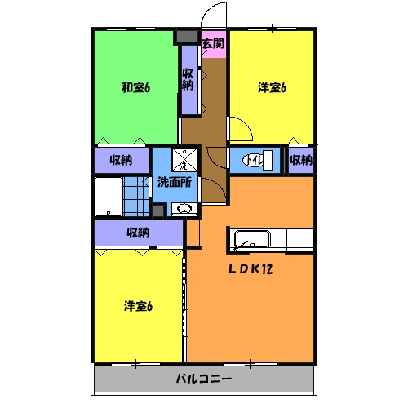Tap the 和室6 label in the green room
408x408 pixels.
pyautogui.click(x=135, y=87)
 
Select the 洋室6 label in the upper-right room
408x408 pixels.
pyautogui.click(x=272, y=87)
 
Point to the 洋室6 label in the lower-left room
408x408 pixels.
pyautogui.click(x=138, y=306)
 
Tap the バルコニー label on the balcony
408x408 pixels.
pyautogui.click(x=204, y=379)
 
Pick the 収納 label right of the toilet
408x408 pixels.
pyautogui.click(x=301, y=160)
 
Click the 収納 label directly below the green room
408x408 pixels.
pyautogui.click(x=122, y=160)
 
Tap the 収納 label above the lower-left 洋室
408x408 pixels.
pyautogui.click(x=138, y=233)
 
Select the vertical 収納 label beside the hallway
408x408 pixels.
pyautogui.click(x=188, y=79)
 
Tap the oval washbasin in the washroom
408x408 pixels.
pyautogui.click(x=186, y=208)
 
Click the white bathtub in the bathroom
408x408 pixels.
pyautogui.click(x=107, y=197)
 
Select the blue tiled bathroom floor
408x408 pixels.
pyautogui.click(x=135, y=197)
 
